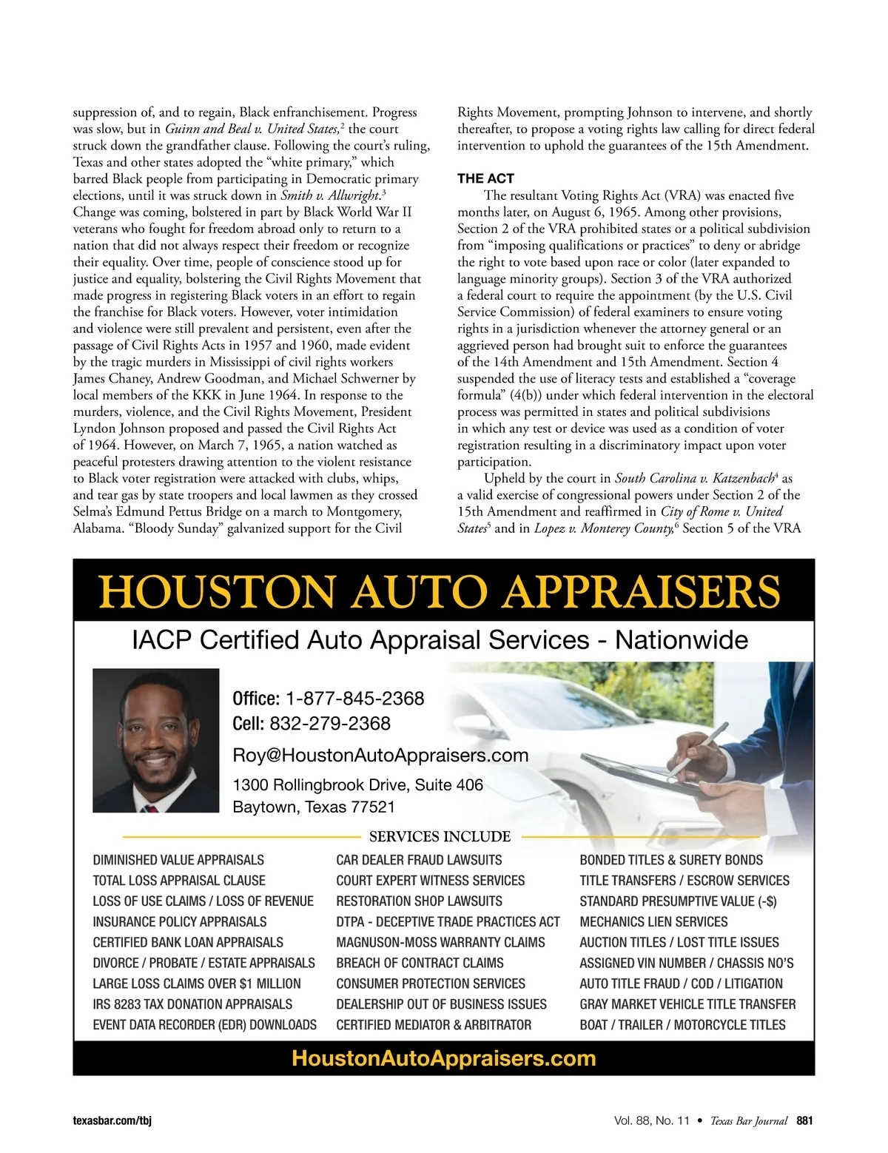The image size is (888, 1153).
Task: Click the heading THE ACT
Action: tap(485, 179)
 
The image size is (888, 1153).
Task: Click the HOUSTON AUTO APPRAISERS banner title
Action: tap(440, 592)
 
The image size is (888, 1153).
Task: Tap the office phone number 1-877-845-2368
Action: tap(354, 699)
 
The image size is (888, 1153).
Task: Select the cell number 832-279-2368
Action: tap(330, 724)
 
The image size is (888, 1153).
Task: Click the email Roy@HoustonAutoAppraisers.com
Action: tap(380, 756)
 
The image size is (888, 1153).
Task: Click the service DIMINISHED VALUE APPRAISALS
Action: tap(178, 860)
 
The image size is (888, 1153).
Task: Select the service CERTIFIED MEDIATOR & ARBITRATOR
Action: tap(434, 1025)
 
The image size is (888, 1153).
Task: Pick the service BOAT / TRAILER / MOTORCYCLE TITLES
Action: tap(682, 1025)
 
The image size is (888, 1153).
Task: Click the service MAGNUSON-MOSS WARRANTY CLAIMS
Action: tap(440, 943)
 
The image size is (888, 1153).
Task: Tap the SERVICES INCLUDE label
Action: tap(440, 837)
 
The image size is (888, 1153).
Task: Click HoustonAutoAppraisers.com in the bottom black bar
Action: tap(444, 1058)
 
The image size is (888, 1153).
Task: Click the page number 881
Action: tap(804, 1120)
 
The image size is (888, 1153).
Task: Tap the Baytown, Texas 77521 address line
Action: tap(314, 807)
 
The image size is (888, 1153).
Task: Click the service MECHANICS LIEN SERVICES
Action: tap(653, 922)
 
